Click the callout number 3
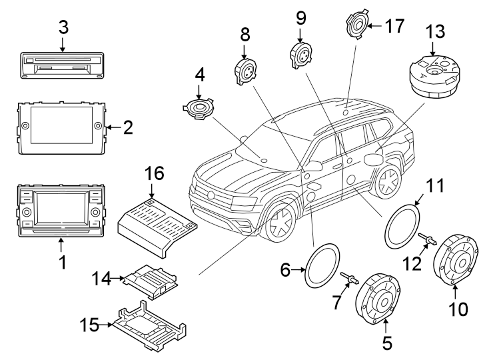click(63, 27)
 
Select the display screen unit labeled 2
click(61, 125)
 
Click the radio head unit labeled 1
click(60, 208)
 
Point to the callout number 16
click(154, 175)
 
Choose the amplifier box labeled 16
click(157, 223)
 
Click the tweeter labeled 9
click(300, 52)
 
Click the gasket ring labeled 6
click(322, 266)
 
